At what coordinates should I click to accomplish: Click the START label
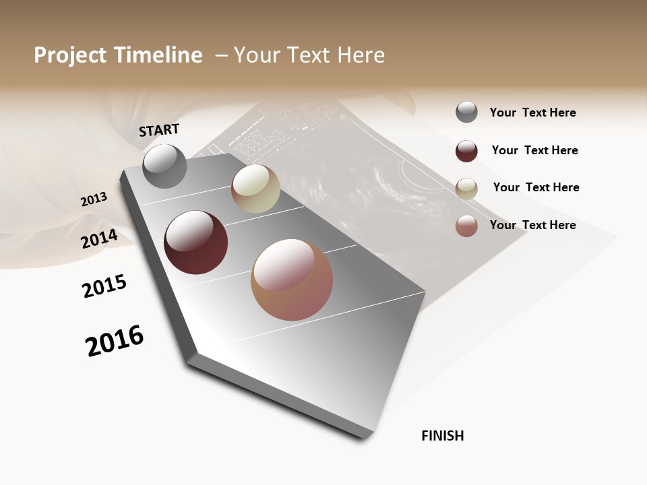coord(159,130)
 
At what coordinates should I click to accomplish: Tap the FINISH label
coord(442,436)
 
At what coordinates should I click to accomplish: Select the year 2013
coord(94,199)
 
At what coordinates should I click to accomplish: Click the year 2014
coord(99,239)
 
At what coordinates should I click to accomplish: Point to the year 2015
coord(104,286)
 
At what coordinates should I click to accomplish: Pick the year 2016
coord(115,341)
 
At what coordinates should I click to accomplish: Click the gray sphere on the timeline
coord(164,166)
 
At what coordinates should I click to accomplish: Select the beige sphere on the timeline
coord(255,189)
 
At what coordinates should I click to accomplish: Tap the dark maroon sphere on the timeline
coord(195,243)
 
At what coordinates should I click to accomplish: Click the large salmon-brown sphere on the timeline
coord(292,280)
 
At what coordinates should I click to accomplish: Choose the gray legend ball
coord(466,112)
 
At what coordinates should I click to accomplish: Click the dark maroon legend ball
coord(466,151)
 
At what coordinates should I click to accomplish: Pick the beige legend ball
coord(466,189)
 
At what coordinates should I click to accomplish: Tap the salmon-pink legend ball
coord(466,226)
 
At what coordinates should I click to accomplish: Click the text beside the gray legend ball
coord(532,112)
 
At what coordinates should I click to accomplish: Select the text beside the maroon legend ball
coord(534,150)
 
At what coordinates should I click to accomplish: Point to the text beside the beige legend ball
coord(536,187)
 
